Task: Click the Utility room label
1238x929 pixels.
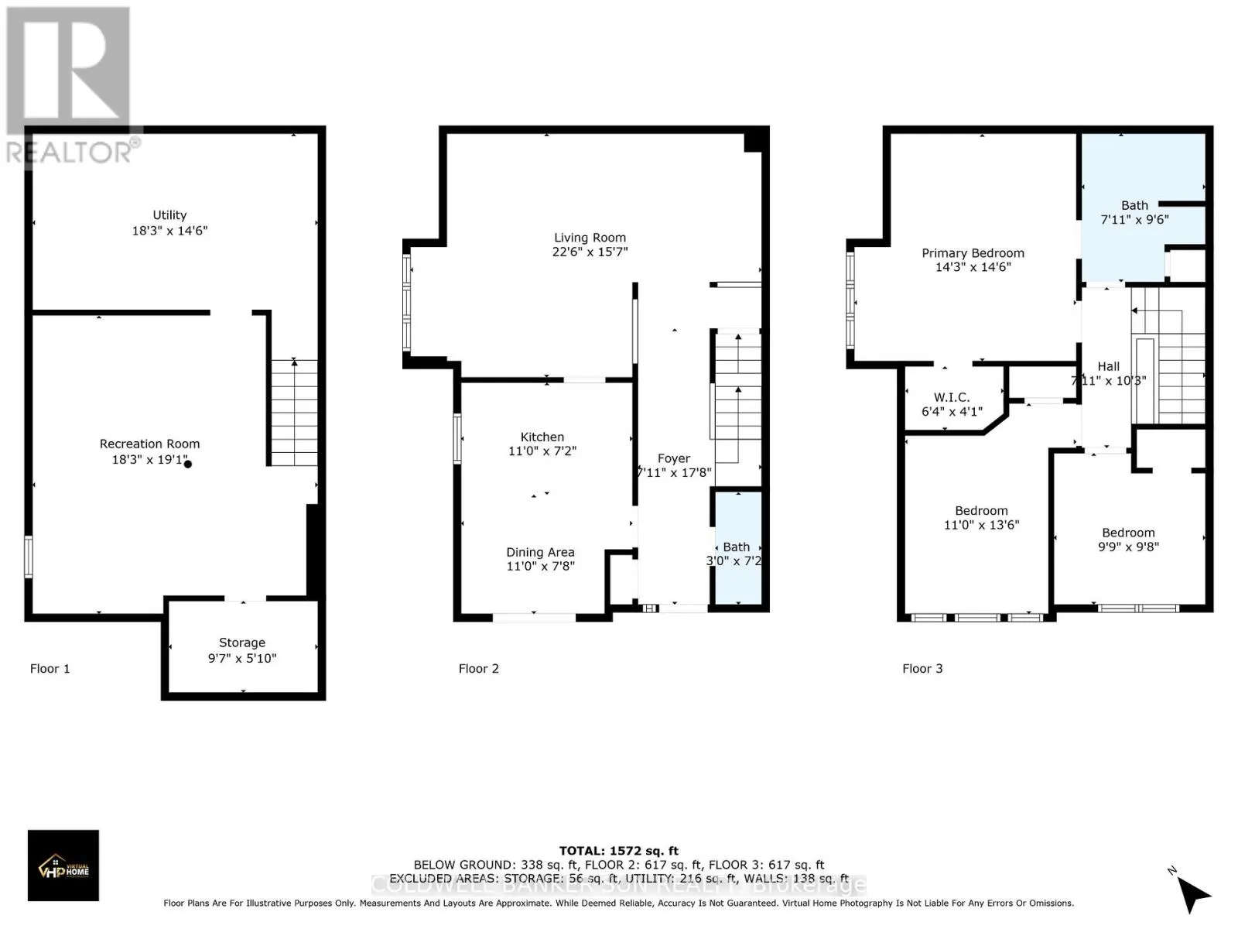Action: click(x=169, y=215)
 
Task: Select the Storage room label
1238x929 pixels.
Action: click(x=242, y=643)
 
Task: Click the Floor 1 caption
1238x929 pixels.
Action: click(x=50, y=669)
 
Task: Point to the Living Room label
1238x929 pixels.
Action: click(x=590, y=238)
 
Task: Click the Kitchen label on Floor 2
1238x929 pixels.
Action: click(x=542, y=437)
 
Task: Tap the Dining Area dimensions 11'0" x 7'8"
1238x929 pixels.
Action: click(x=541, y=567)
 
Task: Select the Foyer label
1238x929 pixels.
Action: click(x=674, y=459)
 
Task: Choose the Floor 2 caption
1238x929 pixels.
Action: click(x=479, y=669)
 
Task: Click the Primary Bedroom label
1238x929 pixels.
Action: click(x=973, y=253)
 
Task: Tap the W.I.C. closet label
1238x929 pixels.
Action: click(x=952, y=397)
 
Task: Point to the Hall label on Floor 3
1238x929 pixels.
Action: click(x=1109, y=366)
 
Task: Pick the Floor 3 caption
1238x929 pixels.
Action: click(x=922, y=669)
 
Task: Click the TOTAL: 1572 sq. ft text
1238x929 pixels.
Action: click(x=619, y=851)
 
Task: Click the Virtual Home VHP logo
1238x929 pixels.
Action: click(x=63, y=866)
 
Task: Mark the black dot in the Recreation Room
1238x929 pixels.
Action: click(x=188, y=464)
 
